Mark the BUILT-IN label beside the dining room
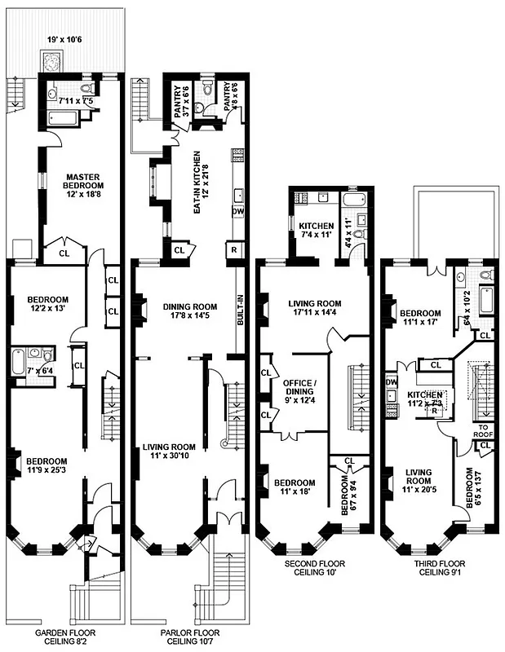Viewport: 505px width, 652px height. point(240,310)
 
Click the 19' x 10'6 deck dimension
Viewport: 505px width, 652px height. point(64,38)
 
